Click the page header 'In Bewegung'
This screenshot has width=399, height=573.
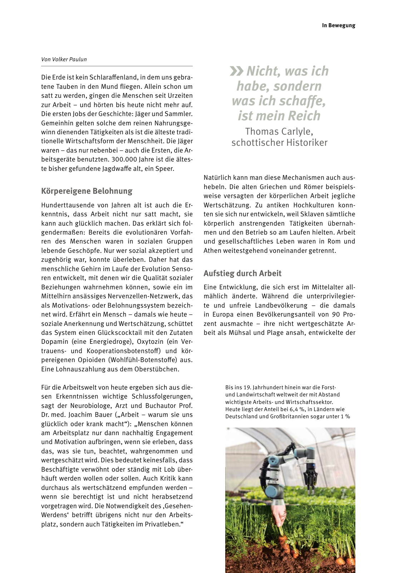(338, 25)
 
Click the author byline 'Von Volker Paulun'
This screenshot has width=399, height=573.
(64, 59)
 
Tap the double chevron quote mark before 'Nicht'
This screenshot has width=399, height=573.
(237, 71)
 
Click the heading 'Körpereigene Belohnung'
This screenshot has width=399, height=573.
(87, 191)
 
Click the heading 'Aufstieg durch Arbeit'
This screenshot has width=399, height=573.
(242, 273)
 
